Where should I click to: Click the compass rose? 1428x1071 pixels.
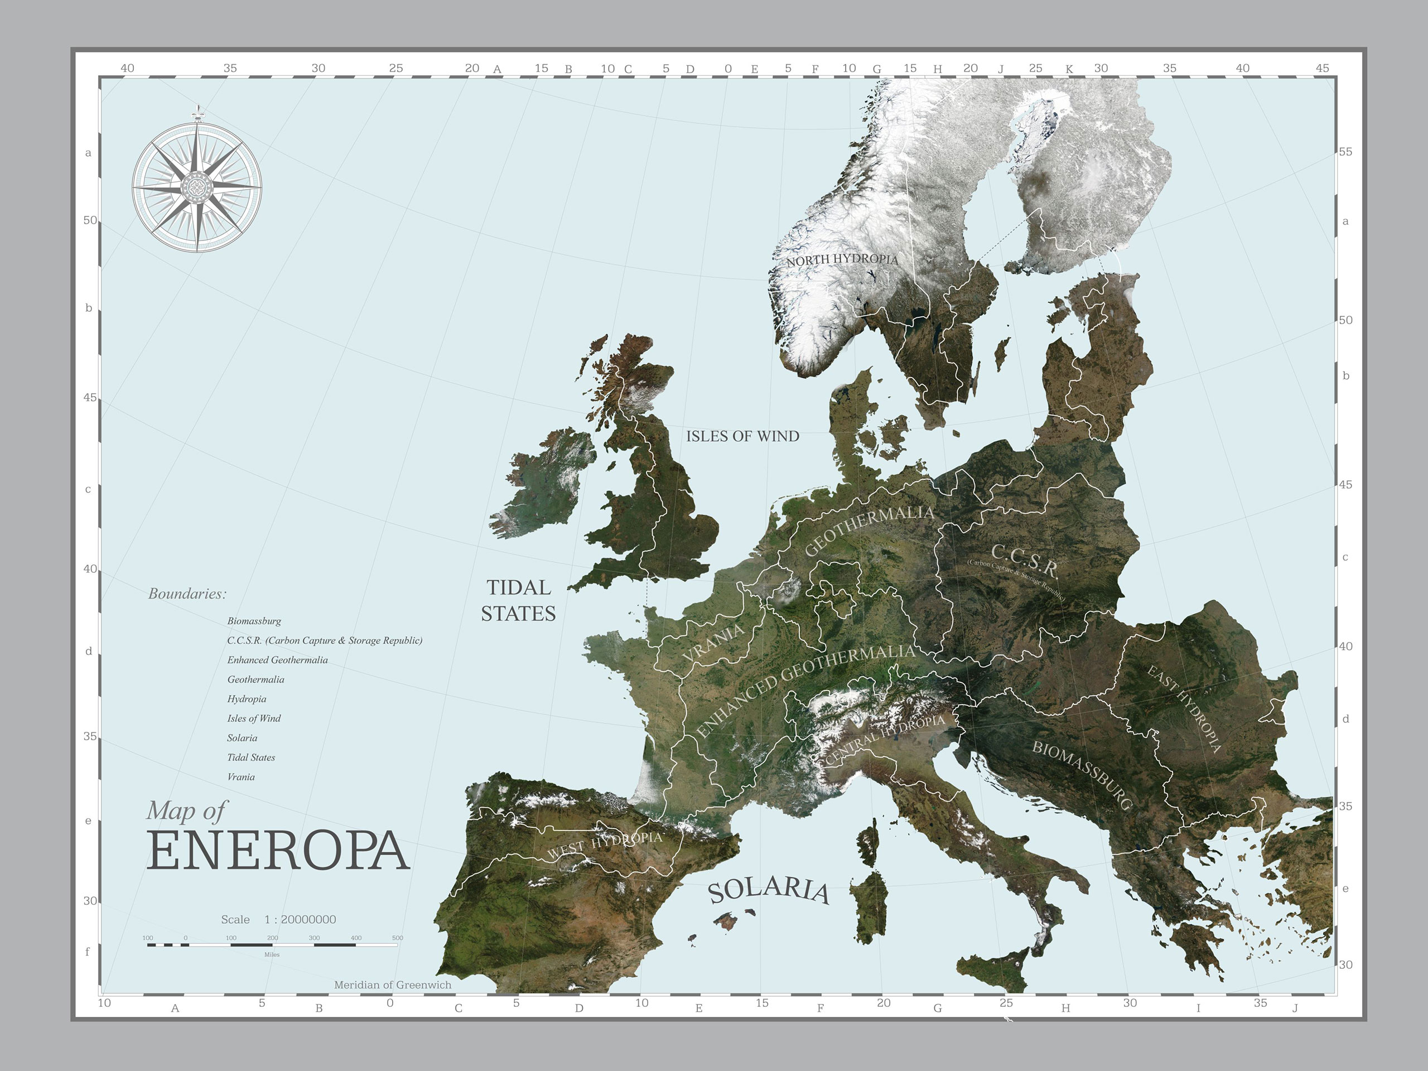197,187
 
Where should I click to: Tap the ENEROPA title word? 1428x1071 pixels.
278,851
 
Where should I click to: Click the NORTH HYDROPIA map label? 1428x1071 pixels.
842,259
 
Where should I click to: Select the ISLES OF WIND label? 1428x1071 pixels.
742,436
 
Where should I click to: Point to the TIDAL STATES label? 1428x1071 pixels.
518,600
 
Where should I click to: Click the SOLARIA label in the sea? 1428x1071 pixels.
768,891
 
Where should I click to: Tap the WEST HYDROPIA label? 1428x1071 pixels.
605,845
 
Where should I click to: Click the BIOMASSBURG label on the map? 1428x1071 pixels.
1082,775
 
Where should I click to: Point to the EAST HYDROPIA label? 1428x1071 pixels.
1185,709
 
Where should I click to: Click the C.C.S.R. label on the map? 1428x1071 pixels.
1025,561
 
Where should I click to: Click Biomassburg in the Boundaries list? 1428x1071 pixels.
254,621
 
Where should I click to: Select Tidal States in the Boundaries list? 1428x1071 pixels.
251,758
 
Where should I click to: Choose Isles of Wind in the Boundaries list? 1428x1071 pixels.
254,718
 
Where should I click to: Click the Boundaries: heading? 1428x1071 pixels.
187,594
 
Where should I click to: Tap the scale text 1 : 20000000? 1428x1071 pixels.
300,919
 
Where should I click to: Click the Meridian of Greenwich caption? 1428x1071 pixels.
393,985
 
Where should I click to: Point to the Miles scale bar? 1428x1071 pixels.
272,944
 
